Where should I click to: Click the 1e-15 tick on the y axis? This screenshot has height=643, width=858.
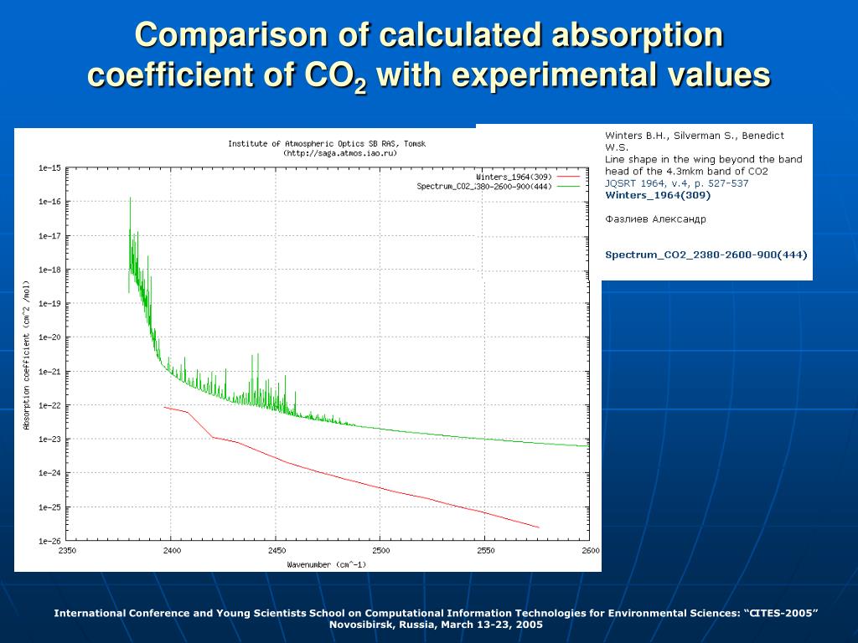coord(49,168)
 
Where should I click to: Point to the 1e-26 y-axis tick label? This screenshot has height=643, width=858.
coord(49,541)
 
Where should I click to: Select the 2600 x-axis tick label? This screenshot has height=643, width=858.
coord(589,550)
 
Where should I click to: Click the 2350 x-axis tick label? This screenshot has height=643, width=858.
coord(67,550)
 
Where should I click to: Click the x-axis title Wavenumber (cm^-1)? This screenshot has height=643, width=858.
coord(326,564)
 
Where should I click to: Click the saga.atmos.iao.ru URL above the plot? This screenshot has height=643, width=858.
coord(339,153)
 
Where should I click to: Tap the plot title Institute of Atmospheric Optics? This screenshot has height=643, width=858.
coord(326,144)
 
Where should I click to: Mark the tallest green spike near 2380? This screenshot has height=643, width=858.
coord(130,199)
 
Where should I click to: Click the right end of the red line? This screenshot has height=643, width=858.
coord(538,527)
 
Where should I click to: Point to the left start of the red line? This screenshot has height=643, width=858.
coord(165,408)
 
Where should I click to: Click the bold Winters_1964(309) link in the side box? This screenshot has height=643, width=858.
coord(658,195)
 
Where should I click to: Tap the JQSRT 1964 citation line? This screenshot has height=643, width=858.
coord(677,183)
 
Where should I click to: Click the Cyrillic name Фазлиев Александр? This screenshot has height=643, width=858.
coord(655,219)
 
